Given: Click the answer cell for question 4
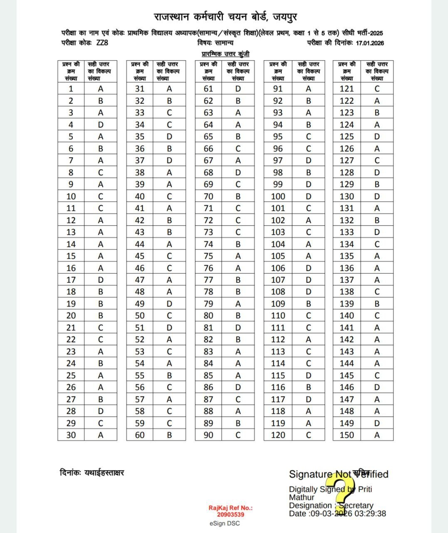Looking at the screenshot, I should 101,125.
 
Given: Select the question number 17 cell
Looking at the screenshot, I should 71,280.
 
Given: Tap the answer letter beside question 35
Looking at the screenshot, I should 169,137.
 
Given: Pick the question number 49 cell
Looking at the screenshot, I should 140,304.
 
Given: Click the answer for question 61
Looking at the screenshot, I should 238,89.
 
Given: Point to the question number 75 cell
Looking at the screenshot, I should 208,256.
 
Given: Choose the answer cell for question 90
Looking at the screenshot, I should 238,435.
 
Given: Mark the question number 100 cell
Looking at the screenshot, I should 278,196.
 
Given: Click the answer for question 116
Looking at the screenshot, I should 308,387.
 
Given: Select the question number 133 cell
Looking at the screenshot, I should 347,232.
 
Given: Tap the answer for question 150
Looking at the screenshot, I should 377,435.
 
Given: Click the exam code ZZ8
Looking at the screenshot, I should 102,43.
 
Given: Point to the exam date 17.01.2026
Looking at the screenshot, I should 370,43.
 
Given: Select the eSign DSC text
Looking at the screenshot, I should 225,523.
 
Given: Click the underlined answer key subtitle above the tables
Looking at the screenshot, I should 225,54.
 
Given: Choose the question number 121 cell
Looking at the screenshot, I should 347,89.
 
